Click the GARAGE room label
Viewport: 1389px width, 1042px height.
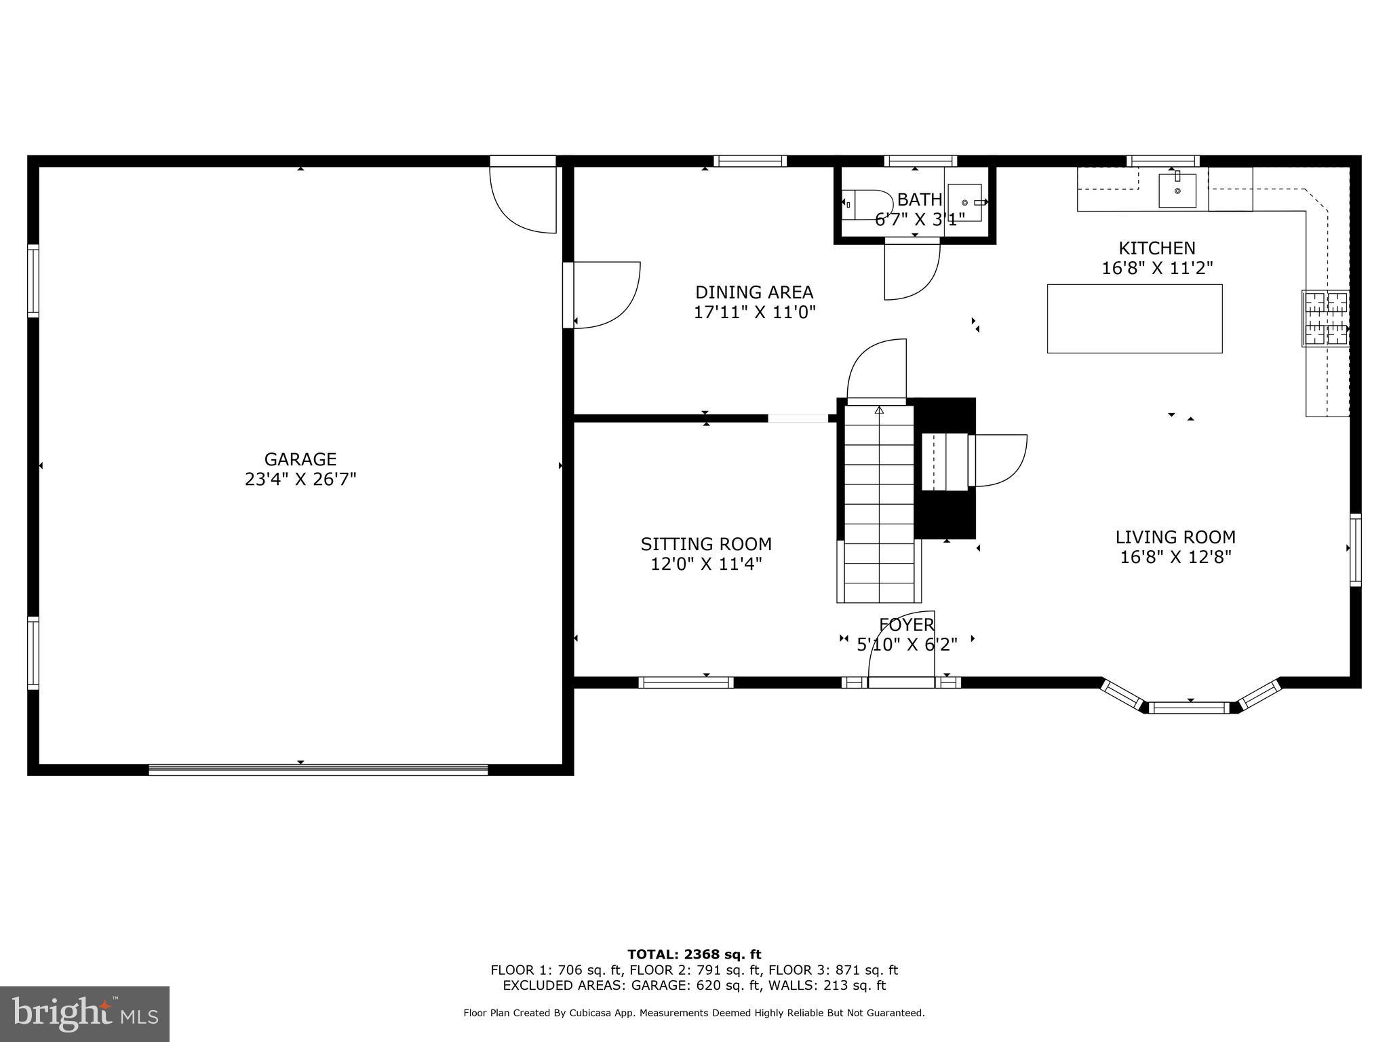[x=300, y=459]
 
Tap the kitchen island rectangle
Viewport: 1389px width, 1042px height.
[x=1134, y=319]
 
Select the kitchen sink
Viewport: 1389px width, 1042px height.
[x=1177, y=191]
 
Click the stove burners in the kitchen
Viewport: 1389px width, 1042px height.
[x=1326, y=318]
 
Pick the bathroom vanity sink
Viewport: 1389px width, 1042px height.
[x=964, y=202]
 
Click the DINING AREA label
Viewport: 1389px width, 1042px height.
[x=754, y=292]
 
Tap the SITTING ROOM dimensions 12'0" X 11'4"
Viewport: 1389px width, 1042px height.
[x=706, y=564]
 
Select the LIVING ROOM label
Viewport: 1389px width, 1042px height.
[x=1175, y=537]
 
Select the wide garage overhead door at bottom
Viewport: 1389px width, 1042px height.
[x=318, y=769]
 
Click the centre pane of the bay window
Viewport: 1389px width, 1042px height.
[x=1190, y=708]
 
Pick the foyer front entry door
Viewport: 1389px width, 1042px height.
[x=901, y=682]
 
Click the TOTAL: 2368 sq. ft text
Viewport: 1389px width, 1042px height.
[x=694, y=954]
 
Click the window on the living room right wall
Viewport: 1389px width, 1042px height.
[x=1355, y=549]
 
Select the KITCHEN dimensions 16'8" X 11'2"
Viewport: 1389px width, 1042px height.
[x=1156, y=268]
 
